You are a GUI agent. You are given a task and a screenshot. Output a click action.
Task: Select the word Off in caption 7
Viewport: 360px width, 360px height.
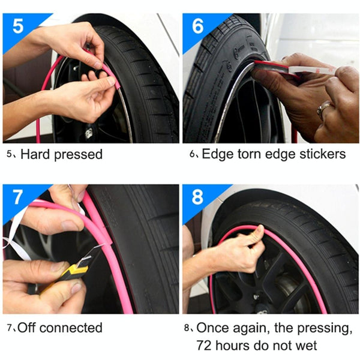[27, 328]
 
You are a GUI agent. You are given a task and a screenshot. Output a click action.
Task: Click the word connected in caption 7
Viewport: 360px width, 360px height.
[71, 328]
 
